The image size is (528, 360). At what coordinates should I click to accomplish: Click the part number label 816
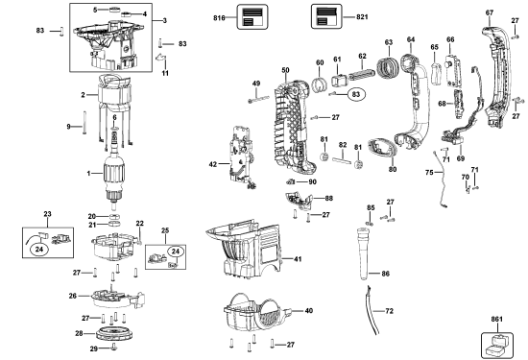click(217, 17)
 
